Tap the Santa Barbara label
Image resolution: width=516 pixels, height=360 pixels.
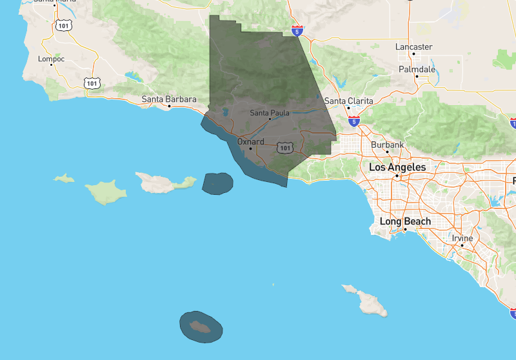(x=169, y=99)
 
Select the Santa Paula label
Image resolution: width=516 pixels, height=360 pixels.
(x=270, y=113)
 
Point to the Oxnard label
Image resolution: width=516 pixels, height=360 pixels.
(x=250, y=141)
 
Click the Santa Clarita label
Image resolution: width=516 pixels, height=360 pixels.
(x=348, y=101)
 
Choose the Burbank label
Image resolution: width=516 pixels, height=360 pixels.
(x=387, y=145)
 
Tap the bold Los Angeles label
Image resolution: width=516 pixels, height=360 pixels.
(x=397, y=167)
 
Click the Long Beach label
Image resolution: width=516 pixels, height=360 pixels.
(x=405, y=221)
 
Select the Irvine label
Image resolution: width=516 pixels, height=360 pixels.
(x=462, y=238)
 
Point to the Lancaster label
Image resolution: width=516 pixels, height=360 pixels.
(x=414, y=47)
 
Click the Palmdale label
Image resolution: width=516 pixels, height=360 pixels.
(x=417, y=69)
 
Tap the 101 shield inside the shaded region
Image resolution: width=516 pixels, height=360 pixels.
(x=285, y=148)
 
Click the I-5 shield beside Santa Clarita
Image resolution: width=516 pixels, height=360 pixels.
(x=353, y=121)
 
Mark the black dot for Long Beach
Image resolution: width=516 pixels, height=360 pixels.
(x=405, y=230)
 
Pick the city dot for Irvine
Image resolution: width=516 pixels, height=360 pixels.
(x=462, y=246)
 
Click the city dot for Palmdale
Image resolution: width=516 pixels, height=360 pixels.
(x=417, y=77)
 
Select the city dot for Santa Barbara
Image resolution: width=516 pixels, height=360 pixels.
(x=169, y=106)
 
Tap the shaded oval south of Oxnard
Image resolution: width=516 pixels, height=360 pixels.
(x=217, y=183)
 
